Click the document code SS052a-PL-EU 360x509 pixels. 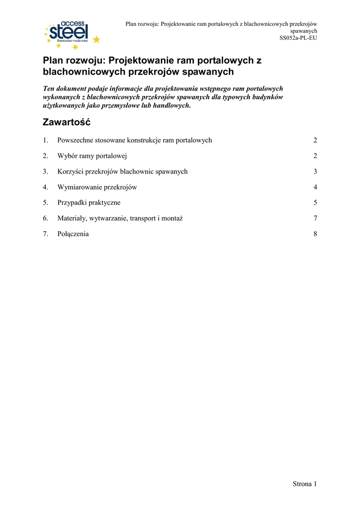click(298, 38)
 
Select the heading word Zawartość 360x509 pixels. click(67, 122)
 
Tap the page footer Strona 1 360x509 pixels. click(304, 484)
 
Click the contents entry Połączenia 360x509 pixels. click(73, 234)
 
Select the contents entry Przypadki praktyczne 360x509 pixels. click(89, 203)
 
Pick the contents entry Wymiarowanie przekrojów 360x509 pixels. click(97, 187)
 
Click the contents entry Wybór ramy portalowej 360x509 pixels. click(92, 156)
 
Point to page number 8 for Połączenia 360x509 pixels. click(315, 234)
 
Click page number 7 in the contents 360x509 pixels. click(315, 218)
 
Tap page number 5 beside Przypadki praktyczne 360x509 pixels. click(315, 203)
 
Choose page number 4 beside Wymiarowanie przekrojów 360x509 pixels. click(315, 187)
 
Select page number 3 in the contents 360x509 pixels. click(315, 171)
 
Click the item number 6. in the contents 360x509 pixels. click(45, 218)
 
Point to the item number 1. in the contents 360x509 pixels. click(45, 140)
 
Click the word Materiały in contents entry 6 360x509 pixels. click(72, 218)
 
